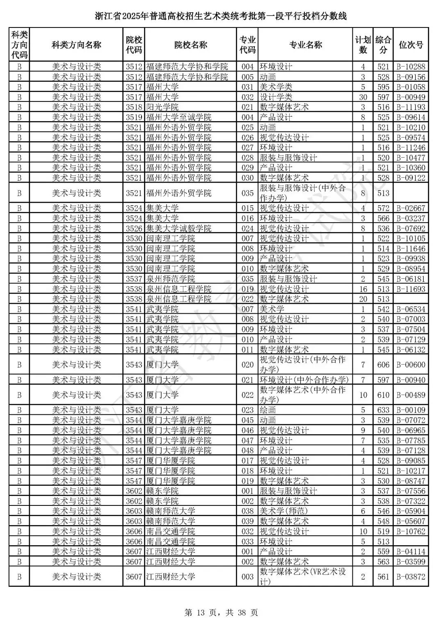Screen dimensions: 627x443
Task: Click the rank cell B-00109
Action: [411, 410]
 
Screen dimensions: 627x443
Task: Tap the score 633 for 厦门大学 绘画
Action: [383, 410]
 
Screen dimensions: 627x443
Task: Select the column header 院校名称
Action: [191, 45]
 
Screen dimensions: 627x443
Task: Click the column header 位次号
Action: [411, 45]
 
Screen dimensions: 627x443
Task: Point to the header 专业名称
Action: [306, 45]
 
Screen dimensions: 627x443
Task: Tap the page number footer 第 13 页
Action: [221, 613]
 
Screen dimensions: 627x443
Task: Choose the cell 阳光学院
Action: [162, 107]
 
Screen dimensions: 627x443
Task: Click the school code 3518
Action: [134, 107]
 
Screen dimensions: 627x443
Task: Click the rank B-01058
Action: [411, 87]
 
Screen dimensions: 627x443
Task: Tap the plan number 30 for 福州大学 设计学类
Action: [363, 97]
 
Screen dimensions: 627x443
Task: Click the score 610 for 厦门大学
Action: [383, 395]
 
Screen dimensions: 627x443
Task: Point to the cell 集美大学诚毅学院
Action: [179, 228]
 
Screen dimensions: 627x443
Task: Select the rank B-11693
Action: [411, 289]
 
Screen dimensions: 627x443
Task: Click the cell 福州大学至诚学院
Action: [179, 117]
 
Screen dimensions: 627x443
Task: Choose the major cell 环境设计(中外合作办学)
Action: [304, 380]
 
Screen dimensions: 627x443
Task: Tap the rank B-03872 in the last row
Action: [411, 576]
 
